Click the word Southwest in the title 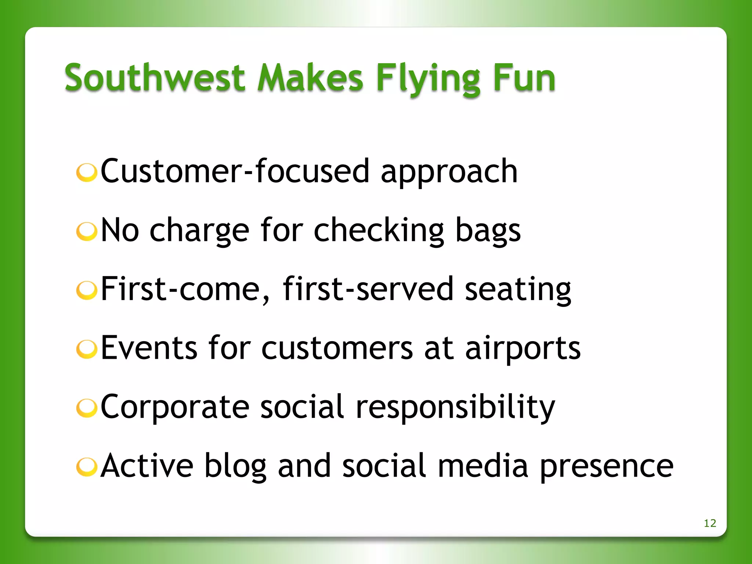click(155, 78)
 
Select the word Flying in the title click(428, 79)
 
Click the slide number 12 click(710, 523)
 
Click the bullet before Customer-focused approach click(87, 172)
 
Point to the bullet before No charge click(87, 231)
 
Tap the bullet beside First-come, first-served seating click(87, 290)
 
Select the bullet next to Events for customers click(87, 349)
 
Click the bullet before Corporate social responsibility click(87, 408)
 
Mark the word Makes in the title click(310, 78)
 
